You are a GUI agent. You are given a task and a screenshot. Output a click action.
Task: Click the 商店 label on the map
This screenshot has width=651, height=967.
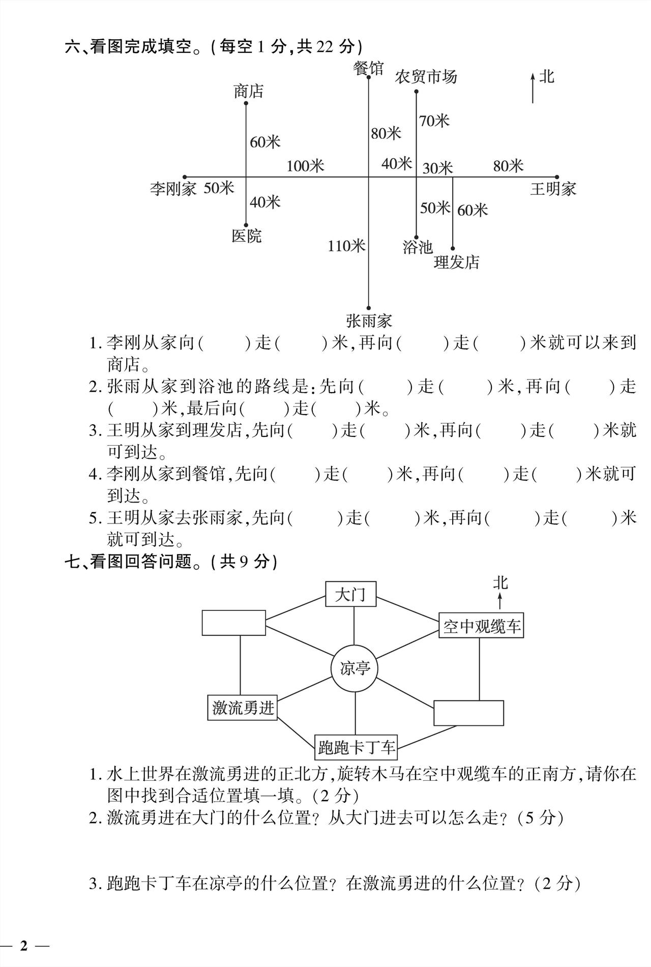(249, 92)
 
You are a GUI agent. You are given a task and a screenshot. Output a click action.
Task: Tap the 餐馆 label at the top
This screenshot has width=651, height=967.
(369, 68)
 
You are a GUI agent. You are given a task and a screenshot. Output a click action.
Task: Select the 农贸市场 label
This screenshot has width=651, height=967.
(426, 77)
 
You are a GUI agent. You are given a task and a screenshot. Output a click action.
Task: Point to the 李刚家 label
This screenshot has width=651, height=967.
(173, 189)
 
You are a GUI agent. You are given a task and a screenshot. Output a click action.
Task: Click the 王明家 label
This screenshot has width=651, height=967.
(553, 189)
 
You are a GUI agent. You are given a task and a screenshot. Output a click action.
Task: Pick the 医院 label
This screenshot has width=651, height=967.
(247, 236)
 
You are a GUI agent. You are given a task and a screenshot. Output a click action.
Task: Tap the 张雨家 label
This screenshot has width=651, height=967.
(369, 321)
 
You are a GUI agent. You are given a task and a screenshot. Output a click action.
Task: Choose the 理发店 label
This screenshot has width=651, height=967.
(457, 262)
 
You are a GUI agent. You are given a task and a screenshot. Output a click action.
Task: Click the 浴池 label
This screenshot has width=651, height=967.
(418, 247)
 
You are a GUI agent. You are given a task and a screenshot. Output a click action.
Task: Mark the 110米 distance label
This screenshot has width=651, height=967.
(346, 246)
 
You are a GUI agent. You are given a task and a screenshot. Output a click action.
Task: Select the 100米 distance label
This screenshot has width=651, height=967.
(305, 166)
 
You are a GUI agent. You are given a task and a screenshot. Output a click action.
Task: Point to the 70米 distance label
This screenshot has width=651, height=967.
(434, 121)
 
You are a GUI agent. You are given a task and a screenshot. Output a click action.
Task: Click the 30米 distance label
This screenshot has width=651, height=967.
(437, 168)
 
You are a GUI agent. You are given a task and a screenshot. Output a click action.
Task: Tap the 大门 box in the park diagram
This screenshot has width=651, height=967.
(350, 594)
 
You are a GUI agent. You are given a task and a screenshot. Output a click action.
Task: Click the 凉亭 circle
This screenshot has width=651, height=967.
(355, 668)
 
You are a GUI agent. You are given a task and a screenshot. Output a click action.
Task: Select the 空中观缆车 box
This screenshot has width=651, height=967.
(481, 626)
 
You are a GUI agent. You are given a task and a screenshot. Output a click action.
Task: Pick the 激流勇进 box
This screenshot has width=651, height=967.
(243, 708)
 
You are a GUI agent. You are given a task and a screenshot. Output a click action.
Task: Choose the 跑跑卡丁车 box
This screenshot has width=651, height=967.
(356, 747)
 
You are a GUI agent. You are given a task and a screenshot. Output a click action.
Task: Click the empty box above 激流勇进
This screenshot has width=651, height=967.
(233, 623)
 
